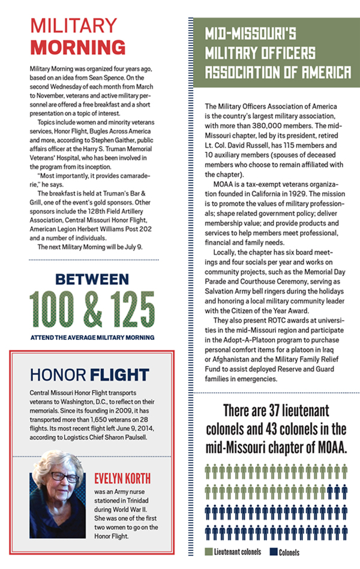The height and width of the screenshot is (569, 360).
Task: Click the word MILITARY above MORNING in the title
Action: [74, 26]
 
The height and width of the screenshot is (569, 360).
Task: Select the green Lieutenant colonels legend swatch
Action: [208, 552]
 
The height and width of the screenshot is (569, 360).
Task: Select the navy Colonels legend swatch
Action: [271, 552]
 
